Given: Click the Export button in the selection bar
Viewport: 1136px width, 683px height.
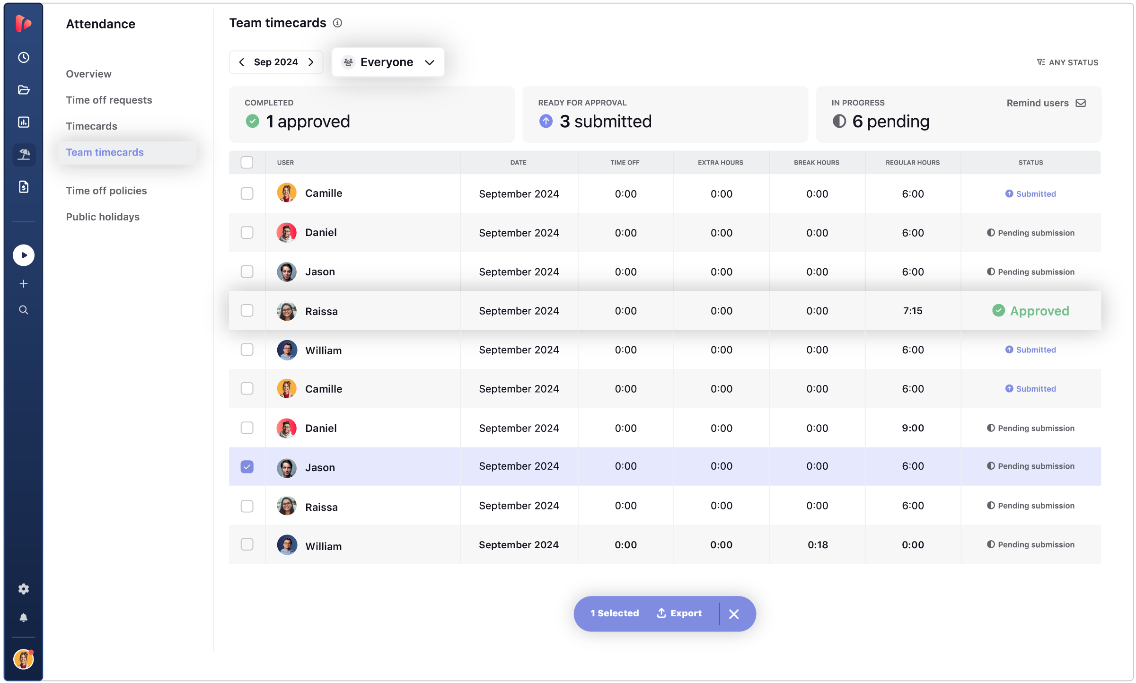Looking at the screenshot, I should point(679,613).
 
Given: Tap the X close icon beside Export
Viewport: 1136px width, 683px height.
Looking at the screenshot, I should point(734,614).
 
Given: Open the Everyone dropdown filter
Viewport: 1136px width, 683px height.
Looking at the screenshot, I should point(388,62).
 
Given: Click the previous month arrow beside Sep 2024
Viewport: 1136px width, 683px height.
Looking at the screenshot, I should point(242,62).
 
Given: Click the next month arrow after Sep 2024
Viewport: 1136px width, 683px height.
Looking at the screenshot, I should point(311,62).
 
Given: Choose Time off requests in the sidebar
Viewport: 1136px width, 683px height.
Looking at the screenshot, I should point(109,100).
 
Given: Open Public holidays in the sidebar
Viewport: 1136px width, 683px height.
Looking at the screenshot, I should point(103,217).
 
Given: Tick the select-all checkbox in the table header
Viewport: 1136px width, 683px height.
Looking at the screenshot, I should point(247,162).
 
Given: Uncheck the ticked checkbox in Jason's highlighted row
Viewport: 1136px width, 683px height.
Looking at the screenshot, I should point(247,467).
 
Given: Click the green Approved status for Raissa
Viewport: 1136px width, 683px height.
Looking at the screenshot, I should point(1030,311).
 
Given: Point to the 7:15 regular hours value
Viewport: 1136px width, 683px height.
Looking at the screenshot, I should point(912,311).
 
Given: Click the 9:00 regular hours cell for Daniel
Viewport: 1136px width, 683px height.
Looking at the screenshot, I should point(912,428).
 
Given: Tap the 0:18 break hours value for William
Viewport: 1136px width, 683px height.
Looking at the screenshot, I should point(817,545).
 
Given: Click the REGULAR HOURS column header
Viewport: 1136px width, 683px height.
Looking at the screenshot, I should point(912,162).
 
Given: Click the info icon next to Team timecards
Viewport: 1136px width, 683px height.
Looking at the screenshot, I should point(337,23).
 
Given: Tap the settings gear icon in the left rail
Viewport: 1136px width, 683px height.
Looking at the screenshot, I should point(24,589).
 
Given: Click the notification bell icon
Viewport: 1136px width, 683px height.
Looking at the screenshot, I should point(24,618).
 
